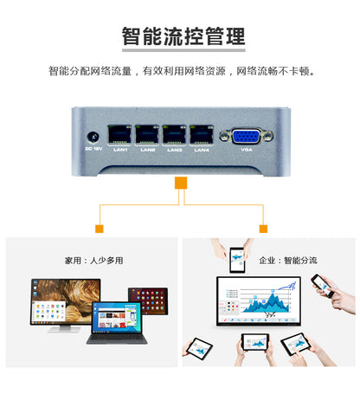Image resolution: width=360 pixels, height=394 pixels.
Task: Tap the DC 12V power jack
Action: (x=92, y=135)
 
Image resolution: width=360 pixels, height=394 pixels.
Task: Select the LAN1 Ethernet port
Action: (x=120, y=134)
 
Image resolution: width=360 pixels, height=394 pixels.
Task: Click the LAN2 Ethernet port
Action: (x=148, y=134)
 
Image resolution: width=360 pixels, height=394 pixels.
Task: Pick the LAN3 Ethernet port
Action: (x=175, y=134)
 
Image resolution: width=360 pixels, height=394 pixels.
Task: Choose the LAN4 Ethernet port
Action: (x=202, y=134)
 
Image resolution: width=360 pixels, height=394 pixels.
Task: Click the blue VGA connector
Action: (x=247, y=136)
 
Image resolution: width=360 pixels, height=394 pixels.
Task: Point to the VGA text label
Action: (x=247, y=150)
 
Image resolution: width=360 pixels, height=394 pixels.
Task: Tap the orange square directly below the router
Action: (x=180, y=183)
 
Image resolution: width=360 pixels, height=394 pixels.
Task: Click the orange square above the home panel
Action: (x=100, y=229)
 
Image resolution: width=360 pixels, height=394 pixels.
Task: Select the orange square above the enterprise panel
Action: (x=263, y=229)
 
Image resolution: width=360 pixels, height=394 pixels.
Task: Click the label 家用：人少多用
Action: (x=93, y=259)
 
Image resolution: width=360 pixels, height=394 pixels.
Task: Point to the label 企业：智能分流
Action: (x=287, y=259)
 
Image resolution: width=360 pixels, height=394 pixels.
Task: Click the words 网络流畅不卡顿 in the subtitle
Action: (x=274, y=70)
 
